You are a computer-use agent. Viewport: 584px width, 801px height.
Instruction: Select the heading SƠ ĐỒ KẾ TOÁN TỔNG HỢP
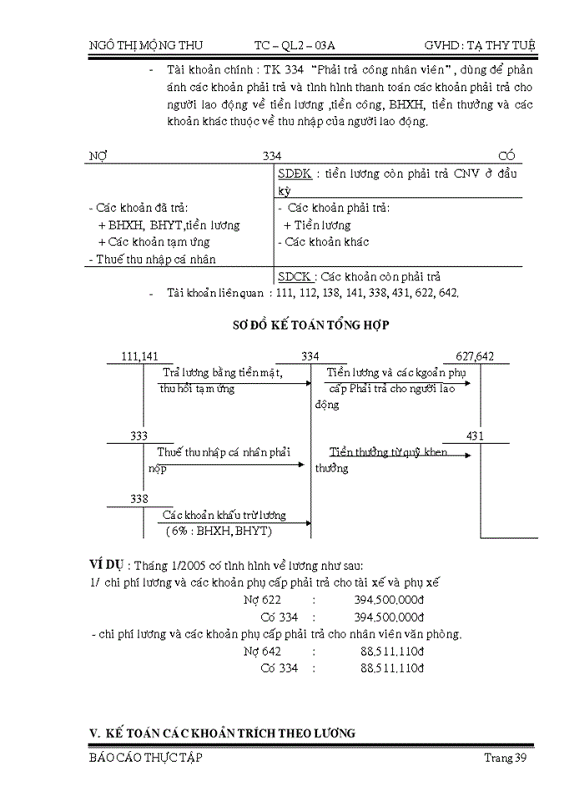(310, 325)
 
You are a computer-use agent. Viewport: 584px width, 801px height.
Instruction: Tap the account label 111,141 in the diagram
(139, 356)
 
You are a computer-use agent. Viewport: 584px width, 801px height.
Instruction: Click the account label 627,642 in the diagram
(475, 356)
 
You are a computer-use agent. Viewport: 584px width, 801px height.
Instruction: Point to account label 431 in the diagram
(475, 436)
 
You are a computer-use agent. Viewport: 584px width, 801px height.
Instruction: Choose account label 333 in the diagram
(141, 436)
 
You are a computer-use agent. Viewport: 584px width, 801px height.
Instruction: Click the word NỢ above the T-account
(98, 155)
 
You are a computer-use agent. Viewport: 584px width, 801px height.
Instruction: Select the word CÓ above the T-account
(506, 155)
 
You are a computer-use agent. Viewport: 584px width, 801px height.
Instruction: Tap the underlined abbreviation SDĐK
(294, 174)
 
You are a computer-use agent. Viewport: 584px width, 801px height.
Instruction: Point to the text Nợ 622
(262, 599)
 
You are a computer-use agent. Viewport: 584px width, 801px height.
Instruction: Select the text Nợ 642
(262, 651)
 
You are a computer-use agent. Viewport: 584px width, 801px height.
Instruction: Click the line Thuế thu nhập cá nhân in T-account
(151, 259)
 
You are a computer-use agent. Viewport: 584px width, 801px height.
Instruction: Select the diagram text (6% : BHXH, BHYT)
(219, 531)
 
